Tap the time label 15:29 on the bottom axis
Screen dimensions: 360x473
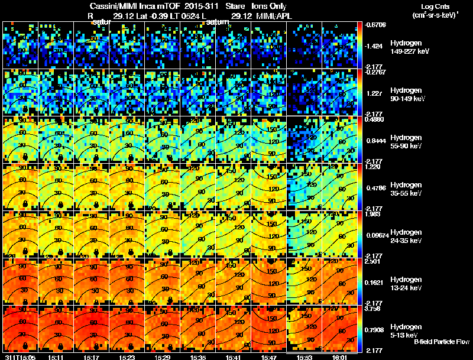[162, 357]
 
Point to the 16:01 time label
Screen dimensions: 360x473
[339, 357]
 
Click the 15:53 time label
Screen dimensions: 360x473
[304, 357]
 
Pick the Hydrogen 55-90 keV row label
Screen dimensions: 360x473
[406, 142]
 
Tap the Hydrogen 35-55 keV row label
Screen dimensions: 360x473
[406, 189]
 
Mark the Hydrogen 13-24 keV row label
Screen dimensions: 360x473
[406, 284]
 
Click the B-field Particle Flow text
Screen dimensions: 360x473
[441, 342]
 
